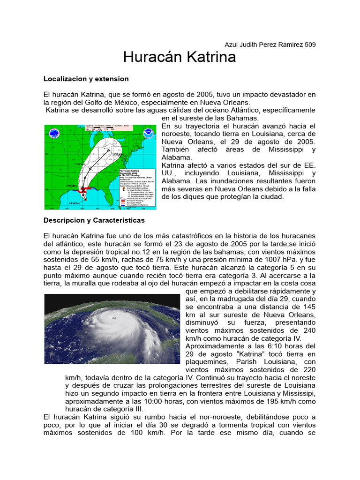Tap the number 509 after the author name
click(310, 45)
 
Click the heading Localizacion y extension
click(86, 78)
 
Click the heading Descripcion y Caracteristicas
click(94, 220)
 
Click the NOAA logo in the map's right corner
click(149, 133)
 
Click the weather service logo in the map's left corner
click(54, 133)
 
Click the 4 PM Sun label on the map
click(74, 202)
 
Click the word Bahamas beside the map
click(242, 118)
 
